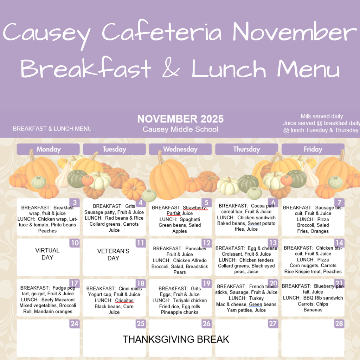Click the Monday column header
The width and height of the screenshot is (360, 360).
coord(48,149)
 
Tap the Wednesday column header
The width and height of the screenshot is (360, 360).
coord(180,149)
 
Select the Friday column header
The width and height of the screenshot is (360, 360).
coord(313,149)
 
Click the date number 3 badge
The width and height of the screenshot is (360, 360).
coord(75,202)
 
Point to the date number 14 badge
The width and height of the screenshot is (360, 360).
coord(339,243)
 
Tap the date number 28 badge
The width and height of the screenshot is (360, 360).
coord(339,323)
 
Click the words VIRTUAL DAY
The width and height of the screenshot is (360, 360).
coord(47,254)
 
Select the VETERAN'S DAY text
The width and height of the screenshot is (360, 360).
coord(113,255)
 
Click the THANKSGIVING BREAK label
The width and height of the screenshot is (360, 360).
coord(176,339)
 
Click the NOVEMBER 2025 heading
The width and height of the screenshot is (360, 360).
coord(180,119)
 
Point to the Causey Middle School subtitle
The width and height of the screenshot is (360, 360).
coord(180,129)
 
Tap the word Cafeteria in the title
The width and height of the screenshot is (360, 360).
coord(162,32)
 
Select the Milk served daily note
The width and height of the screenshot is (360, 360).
coord(322,116)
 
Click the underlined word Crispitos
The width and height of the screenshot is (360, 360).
coord(124,301)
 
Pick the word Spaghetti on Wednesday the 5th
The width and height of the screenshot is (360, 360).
coord(189,219)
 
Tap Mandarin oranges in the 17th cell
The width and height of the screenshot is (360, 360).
coord(53,311)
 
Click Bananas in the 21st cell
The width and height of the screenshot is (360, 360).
coord(313,310)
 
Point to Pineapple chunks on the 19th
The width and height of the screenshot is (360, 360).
coord(180,312)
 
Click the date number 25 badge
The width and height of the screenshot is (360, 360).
coord(141,323)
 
